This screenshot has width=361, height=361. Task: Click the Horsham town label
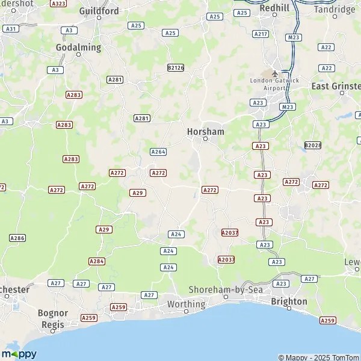[x=206, y=131]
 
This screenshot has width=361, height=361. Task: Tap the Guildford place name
[x=99, y=11]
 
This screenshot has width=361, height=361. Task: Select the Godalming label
[x=79, y=47]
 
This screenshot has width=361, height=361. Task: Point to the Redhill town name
[x=274, y=8]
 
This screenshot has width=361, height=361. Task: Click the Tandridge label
[x=335, y=10]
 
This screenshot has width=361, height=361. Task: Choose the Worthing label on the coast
[x=186, y=304]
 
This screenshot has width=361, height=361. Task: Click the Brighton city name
[x=289, y=301]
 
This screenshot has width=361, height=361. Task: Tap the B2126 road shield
[x=176, y=68]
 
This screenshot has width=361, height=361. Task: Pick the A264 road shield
[x=158, y=152]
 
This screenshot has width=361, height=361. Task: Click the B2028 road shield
[x=313, y=145]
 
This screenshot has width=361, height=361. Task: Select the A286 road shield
[x=17, y=238]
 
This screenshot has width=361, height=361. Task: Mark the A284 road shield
[x=97, y=261]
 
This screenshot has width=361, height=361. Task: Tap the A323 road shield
[x=58, y=4]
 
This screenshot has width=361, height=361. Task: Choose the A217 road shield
[x=261, y=34]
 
